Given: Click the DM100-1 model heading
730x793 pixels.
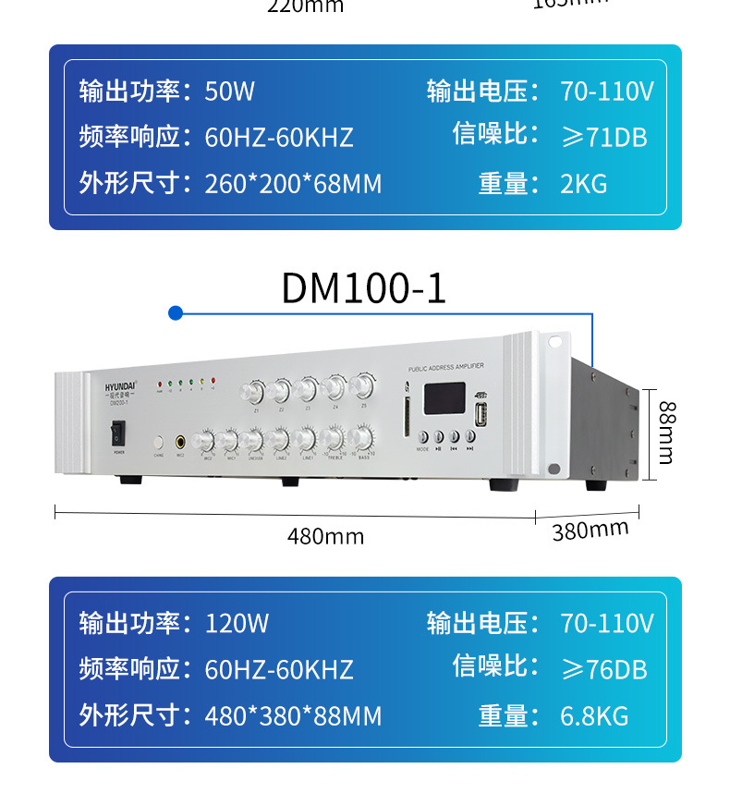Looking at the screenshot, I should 363,288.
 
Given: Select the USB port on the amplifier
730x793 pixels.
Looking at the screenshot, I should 480,415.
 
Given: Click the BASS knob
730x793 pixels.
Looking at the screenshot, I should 363,438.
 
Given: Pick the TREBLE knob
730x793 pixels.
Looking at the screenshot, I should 334,438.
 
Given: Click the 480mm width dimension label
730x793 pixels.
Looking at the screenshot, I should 325,536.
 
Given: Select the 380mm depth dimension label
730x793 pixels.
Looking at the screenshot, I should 590,531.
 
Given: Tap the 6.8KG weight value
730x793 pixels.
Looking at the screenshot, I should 593,715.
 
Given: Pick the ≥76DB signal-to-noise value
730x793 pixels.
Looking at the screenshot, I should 604,669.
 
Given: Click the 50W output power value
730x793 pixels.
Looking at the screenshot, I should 229,91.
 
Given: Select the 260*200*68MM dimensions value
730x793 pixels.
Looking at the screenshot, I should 293,184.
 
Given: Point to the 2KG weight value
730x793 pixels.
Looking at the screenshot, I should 583,184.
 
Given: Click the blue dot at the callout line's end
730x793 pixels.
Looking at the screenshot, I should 175,313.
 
